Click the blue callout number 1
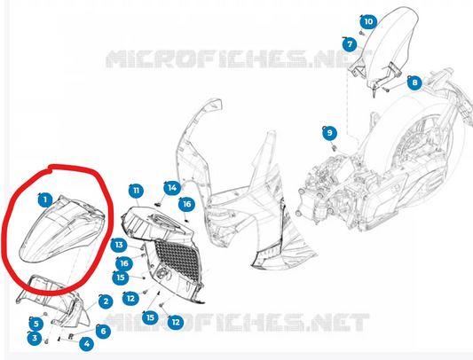tap(45, 200)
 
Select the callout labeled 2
tap(106, 301)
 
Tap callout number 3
tap(35, 338)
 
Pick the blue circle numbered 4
tap(87, 344)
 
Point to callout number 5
tap(36, 324)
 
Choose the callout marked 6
tap(104, 331)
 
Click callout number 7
tap(350, 44)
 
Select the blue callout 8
tap(414, 82)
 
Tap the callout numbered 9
tap(330, 133)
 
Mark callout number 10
tap(368, 21)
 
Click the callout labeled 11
tap(136, 191)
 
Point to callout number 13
tap(119, 245)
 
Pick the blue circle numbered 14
tap(172, 188)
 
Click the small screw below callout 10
tap(361, 33)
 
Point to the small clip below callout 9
tap(335, 148)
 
